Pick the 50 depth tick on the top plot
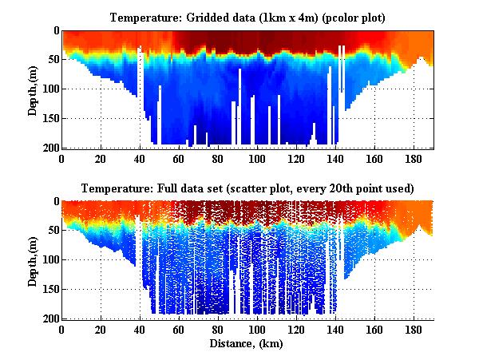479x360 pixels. pos(52,60)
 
